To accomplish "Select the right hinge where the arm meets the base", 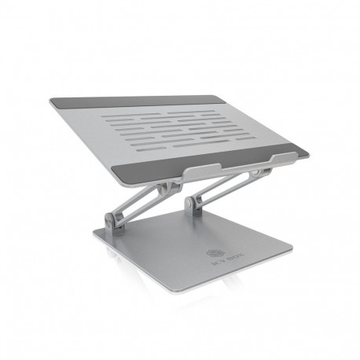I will [x=193, y=206].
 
